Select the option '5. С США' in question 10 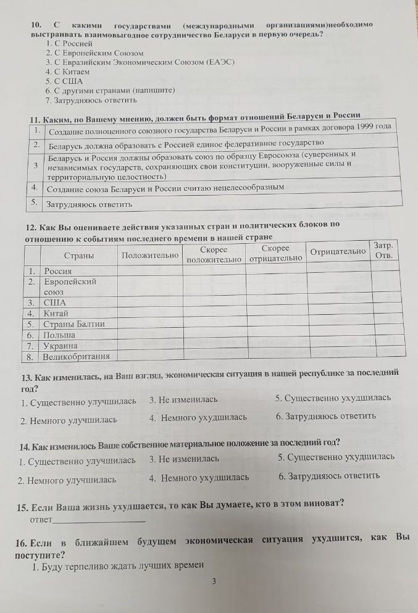[x=64, y=80]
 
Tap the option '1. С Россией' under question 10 [x=69, y=44]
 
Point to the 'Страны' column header [x=79, y=255]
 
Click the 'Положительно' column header [x=150, y=254]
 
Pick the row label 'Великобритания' [x=76, y=356]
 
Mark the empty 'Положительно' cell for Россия [x=150, y=270]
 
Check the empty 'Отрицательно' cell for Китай [x=338, y=313]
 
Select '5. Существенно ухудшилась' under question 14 [x=336, y=457]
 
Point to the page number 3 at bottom [x=214, y=581]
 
